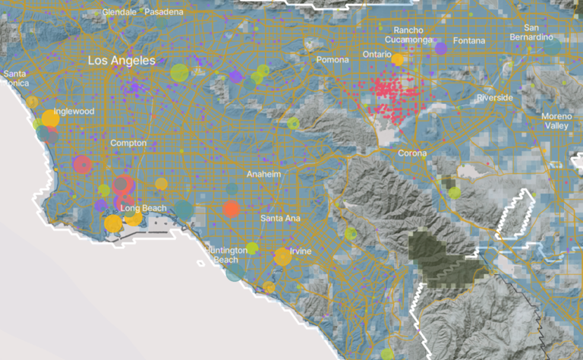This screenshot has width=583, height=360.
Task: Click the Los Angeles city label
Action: pyautogui.click(x=121, y=60)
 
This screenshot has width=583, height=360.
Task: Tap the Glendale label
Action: pyautogui.click(x=118, y=12)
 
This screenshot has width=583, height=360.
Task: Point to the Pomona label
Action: pyautogui.click(x=332, y=60)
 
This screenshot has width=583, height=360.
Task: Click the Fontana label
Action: pyautogui.click(x=468, y=40)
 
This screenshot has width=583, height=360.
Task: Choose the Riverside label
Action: pyautogui.click(x=496, y=98)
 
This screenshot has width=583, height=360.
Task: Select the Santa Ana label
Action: pyautogui.click(x=280, y=218)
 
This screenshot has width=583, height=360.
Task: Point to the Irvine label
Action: pyautogui.click(x=300, y=251)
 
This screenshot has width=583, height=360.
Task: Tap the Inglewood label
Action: pyautogui.click(x=74, y=111)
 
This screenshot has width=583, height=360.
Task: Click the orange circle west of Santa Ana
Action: pyautogui.click(x=232, y=208)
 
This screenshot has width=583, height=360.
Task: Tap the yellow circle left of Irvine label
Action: pyautogui.click(x=282, y=256)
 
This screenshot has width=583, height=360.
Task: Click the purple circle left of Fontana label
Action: pyautogui.click(x=440, y=49)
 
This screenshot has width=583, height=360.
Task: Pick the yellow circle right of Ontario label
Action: pyautogui.click(x=397, y=58)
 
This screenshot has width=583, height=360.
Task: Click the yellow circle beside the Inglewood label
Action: pyautogui.click(x=50, y=118)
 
